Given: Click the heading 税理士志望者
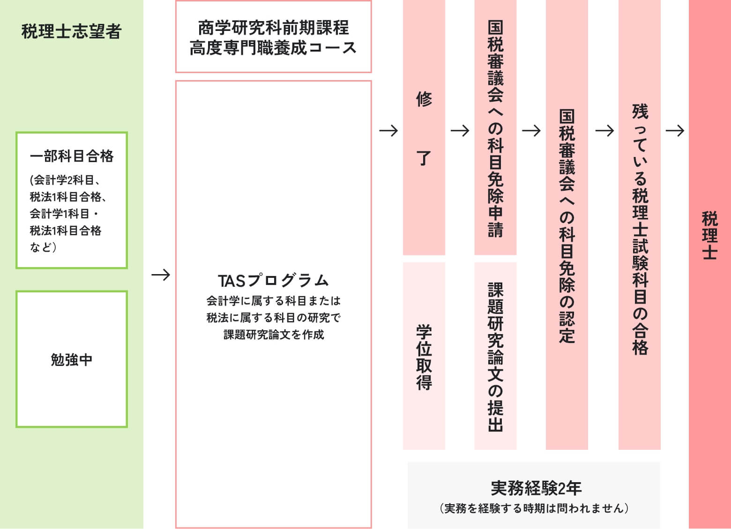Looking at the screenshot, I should [x=72, y=31].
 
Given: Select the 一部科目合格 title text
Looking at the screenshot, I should [x=72, y=156].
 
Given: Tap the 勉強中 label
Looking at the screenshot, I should [x=72, y=360].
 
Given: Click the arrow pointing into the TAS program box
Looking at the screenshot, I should [x=161, y=275].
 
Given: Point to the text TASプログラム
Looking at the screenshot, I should [x=274, y=280].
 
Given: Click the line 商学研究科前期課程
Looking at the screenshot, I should [x=274, y=28].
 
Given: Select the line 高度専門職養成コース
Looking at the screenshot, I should [x=274, y=48].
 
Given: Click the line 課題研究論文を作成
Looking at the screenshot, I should [x=274, y=335].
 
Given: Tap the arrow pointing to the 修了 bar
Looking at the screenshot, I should [x=388, y=130].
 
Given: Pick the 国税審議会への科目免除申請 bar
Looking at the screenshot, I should [x=495, y=128].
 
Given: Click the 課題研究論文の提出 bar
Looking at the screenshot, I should [x=495, y=356].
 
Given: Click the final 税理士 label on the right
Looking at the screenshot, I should [x=709, y=236].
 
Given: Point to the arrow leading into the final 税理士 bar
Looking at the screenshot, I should [x=675, y=130].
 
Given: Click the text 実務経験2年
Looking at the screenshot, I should [x=536, y=488].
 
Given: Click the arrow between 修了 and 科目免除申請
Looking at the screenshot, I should [x=460, y=130].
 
